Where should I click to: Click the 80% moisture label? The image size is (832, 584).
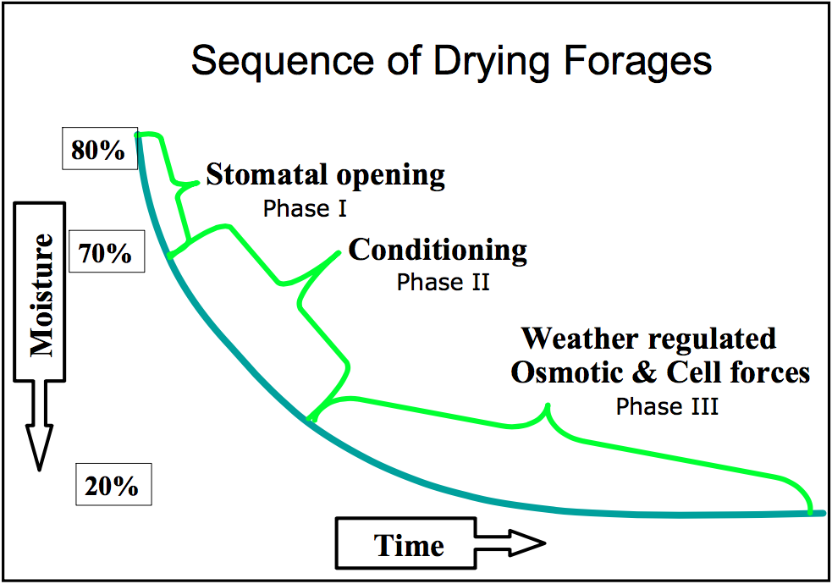point(99,151)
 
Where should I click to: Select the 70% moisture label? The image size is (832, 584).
point(105,252)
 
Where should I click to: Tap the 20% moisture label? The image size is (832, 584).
point(111,486)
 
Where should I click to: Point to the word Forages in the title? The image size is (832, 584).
point(642,62)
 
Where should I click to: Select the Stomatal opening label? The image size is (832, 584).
point(325,175)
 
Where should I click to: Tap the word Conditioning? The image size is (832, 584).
point(438,250)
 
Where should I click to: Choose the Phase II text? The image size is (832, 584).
point(443,282)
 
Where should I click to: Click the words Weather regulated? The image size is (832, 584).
point(648,339)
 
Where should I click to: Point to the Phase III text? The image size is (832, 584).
point(667,406)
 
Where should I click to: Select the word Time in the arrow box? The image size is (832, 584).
point(409,545)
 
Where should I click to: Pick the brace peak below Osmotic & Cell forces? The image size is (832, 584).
point(548,407)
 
